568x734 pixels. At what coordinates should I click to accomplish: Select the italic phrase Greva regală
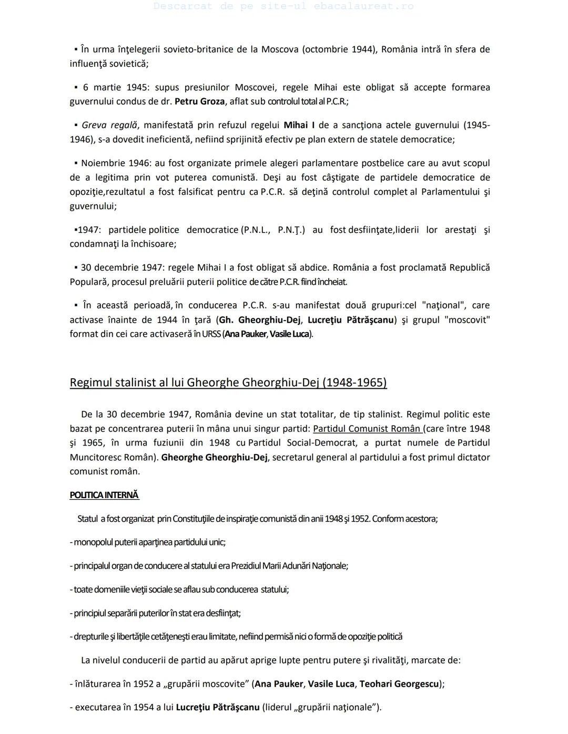click(x=109, y=125)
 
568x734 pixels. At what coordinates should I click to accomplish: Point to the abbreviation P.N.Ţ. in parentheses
click(x=291, y=230)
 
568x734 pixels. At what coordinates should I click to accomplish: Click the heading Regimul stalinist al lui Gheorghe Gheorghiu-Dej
click(x=228, y=382)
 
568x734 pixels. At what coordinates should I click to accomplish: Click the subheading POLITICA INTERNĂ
click(x=104, y=495)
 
